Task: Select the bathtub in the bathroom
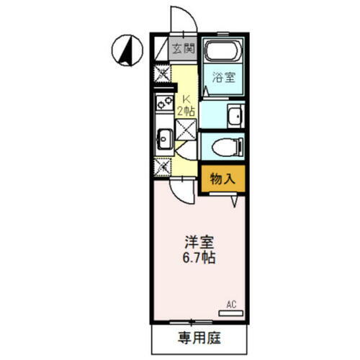(x=223, y=53)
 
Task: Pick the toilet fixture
(x=226, y=147)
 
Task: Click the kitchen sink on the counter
(x=163, y=136)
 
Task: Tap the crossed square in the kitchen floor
(x=187, y=131)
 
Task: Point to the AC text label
(x=231, y=304)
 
